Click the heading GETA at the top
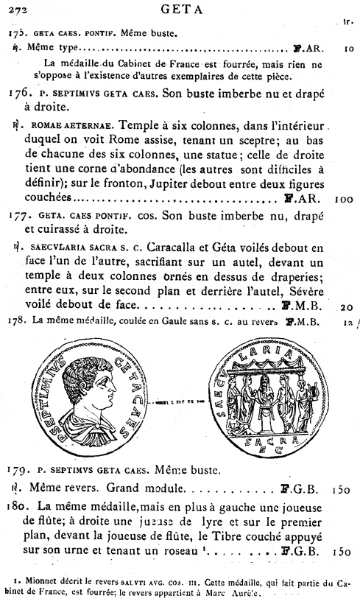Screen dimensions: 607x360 [181, 9]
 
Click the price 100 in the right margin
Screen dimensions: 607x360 [344, 199]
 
